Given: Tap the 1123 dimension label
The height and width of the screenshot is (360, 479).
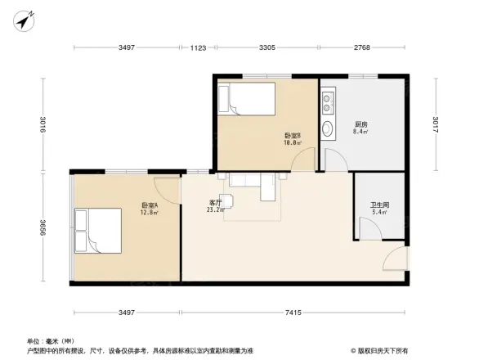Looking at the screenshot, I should (199, 49).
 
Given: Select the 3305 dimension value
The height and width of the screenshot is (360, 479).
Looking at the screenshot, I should (266, 49).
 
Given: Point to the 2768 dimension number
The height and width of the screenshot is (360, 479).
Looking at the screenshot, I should (362, 49).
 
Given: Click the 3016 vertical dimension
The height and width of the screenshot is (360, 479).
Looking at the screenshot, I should (43, 124).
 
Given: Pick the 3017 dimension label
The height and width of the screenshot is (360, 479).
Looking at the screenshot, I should (436, 124).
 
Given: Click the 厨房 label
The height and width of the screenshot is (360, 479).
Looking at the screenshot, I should (360, 124).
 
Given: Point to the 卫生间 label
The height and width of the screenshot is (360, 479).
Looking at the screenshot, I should (379, 205).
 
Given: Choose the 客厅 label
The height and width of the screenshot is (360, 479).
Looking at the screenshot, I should (215, 202).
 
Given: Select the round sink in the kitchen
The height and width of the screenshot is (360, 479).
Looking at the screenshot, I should (327, 128).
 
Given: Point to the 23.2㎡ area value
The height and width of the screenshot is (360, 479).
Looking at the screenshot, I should (215, 210).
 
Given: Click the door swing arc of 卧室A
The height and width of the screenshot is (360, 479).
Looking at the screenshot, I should (170, 188).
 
